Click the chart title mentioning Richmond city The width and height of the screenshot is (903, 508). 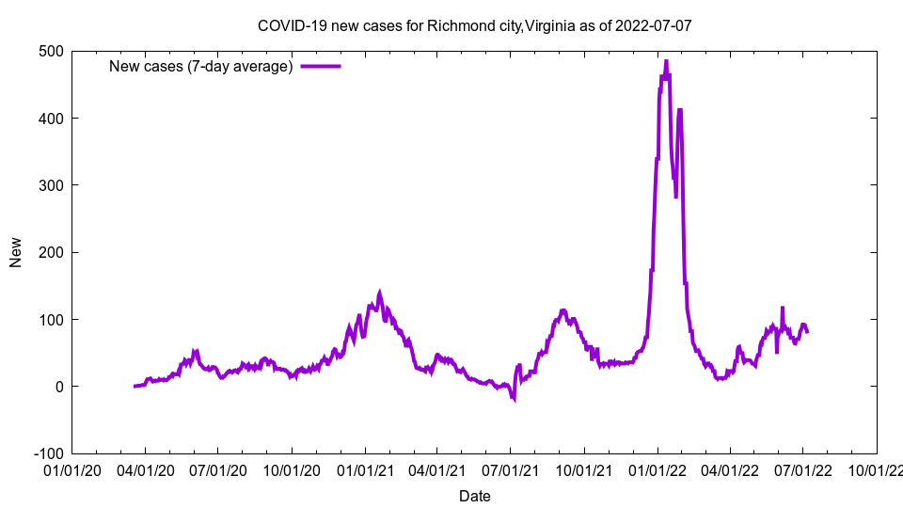(474, 25)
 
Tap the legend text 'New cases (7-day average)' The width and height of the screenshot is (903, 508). (200, 66)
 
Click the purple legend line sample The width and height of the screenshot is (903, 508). (320, 66)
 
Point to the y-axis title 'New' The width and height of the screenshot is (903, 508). (16, 252)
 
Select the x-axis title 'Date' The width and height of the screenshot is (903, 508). (474, 496)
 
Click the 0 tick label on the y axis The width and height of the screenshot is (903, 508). (58, 387)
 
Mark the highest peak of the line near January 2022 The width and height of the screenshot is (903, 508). (666, 61)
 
